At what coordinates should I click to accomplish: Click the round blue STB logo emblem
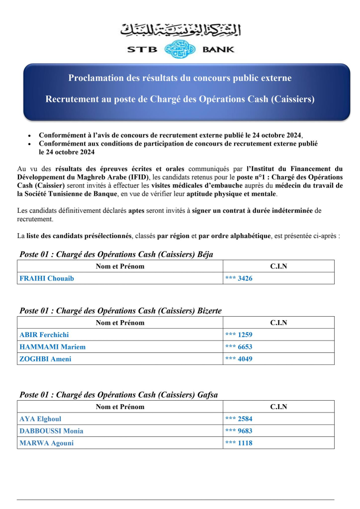tap(180, 49)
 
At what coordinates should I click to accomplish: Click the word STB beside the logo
tap(142, 49)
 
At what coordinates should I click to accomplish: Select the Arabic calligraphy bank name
tap(180, 30)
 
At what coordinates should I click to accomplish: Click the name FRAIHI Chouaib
tap(46, 278)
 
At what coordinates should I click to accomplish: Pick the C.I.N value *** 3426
tap(239, 278)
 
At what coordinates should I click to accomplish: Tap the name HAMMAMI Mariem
tap(52, 347)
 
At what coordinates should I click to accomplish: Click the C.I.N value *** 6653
tap(239, 347)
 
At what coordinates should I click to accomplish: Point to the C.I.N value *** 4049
tap(239, 359)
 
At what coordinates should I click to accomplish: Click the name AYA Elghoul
tap(40, 419)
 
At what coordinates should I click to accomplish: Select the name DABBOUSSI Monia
tap(51, 430)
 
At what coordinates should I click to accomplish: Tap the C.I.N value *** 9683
tap(239, 430)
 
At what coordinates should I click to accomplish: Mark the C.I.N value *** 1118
tap(239, 443)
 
